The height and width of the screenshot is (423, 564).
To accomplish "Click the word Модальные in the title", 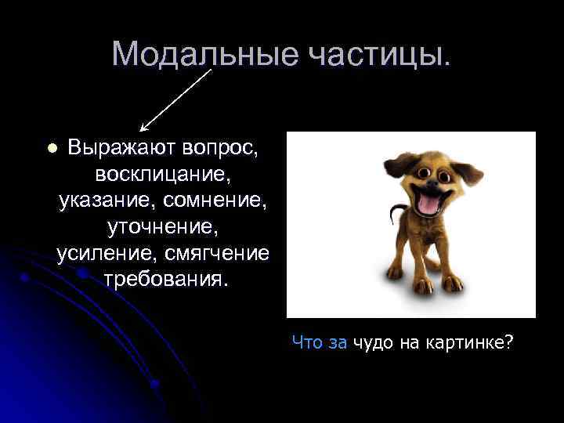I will pyautogui.click(x=195, y=53).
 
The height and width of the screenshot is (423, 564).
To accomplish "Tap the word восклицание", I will pyautogui.click(x=164, y=173).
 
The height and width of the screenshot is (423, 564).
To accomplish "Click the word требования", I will pyautogui.click(x=165, y=280).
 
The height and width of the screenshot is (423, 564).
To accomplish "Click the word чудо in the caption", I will pyautogui.click(x=374, y=342).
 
